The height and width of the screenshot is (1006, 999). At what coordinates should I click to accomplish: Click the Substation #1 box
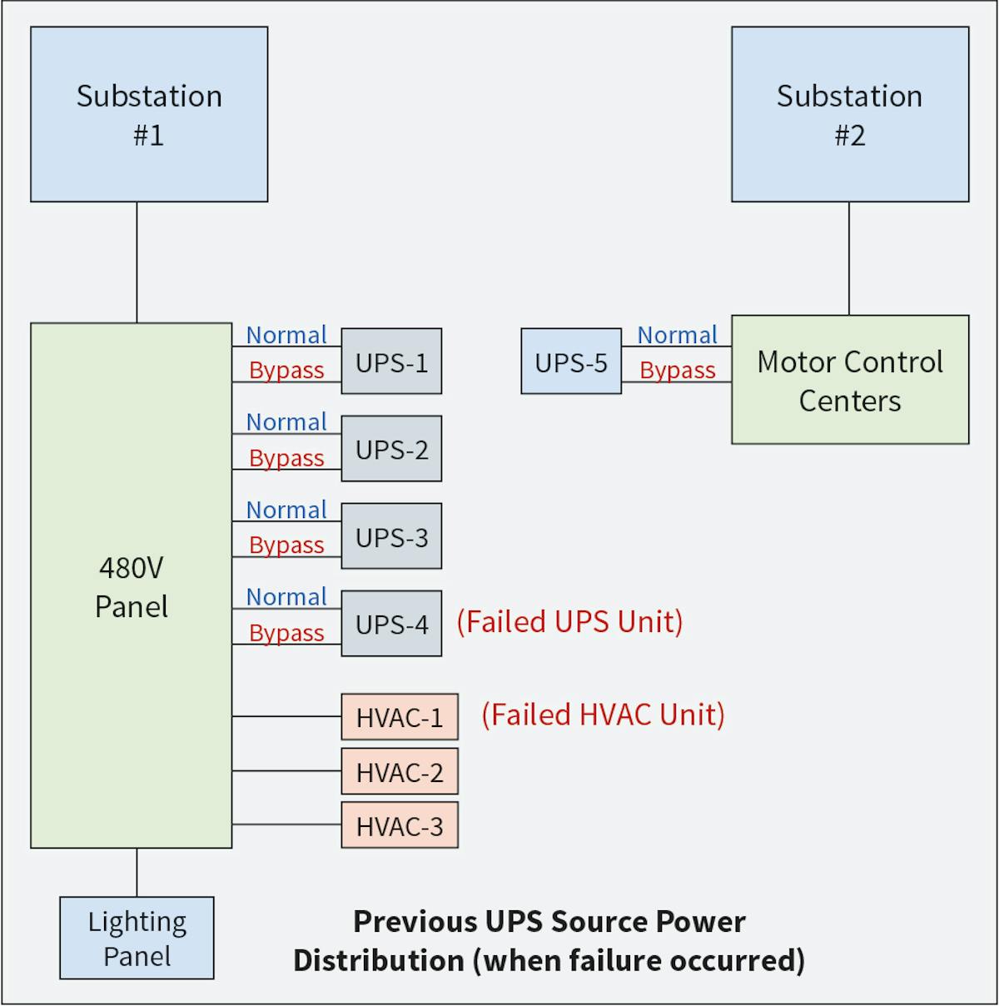[x=149, y=114]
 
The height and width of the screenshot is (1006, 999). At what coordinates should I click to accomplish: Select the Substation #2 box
[x=850, y=114]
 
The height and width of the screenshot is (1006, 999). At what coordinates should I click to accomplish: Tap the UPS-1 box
[x=391, y=361]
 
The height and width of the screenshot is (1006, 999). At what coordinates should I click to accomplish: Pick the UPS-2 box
[x=391, y=449]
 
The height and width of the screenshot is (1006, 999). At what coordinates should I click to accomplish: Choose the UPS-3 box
[x=391, y=536]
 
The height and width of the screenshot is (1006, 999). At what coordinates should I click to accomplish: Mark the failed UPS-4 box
[x=391, y=624]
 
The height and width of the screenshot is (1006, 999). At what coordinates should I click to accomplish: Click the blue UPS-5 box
[x=571, y=361]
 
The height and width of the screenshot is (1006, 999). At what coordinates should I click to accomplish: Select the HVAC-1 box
[x=400, y=717]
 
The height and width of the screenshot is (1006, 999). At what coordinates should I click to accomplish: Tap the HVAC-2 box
[x=400, y=772]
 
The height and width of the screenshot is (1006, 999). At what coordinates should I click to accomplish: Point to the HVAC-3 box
[x=400, y=826]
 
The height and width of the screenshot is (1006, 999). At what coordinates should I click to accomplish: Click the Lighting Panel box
[x=137, y=939]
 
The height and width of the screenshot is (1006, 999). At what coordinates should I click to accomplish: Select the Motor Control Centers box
[x=850, y=380]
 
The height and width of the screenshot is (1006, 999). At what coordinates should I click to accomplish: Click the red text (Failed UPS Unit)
[x=569, y=622]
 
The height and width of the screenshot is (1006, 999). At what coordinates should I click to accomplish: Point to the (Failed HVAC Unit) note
[x=603, y=715]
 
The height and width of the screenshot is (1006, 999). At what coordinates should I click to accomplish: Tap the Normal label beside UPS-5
[x=677, y=335]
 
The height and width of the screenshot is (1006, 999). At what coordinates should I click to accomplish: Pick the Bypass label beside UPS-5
[x=677, y=370]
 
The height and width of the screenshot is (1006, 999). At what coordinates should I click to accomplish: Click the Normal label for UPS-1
[x=286, y=335]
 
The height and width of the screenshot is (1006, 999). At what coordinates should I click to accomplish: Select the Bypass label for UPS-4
[x=286, y=633]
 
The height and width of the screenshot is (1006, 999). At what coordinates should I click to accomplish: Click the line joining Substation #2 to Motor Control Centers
[x=849, y=258]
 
